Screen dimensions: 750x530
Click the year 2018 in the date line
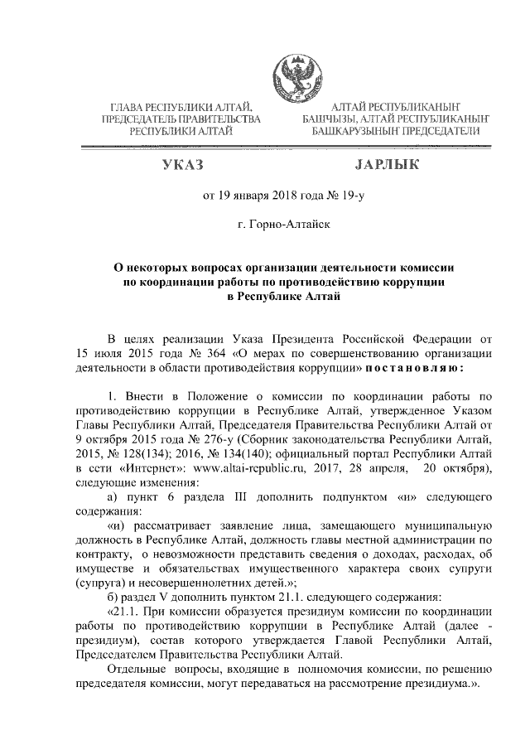pos(277,197)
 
